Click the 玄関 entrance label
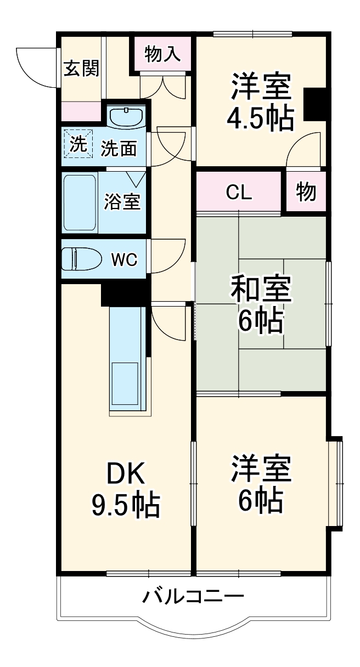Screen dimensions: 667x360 (82, 70)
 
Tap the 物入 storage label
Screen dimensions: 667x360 (162, 54)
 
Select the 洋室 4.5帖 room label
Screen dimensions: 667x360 (260, 102)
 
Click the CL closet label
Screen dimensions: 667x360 (239, 193)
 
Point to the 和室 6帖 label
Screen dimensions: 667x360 (260, 304)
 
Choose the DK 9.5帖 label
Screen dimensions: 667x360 (125, 490)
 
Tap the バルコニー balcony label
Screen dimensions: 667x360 (193, 596)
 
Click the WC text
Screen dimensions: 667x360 (125, 259)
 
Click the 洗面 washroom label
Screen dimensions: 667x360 (119, 148)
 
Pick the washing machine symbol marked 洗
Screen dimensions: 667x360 (78, 144)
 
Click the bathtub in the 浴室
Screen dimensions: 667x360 (80, 202)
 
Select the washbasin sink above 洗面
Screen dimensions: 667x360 (126, 116)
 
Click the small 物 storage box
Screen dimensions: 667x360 (306, 193)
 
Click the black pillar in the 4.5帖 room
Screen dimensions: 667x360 (315, 104)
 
